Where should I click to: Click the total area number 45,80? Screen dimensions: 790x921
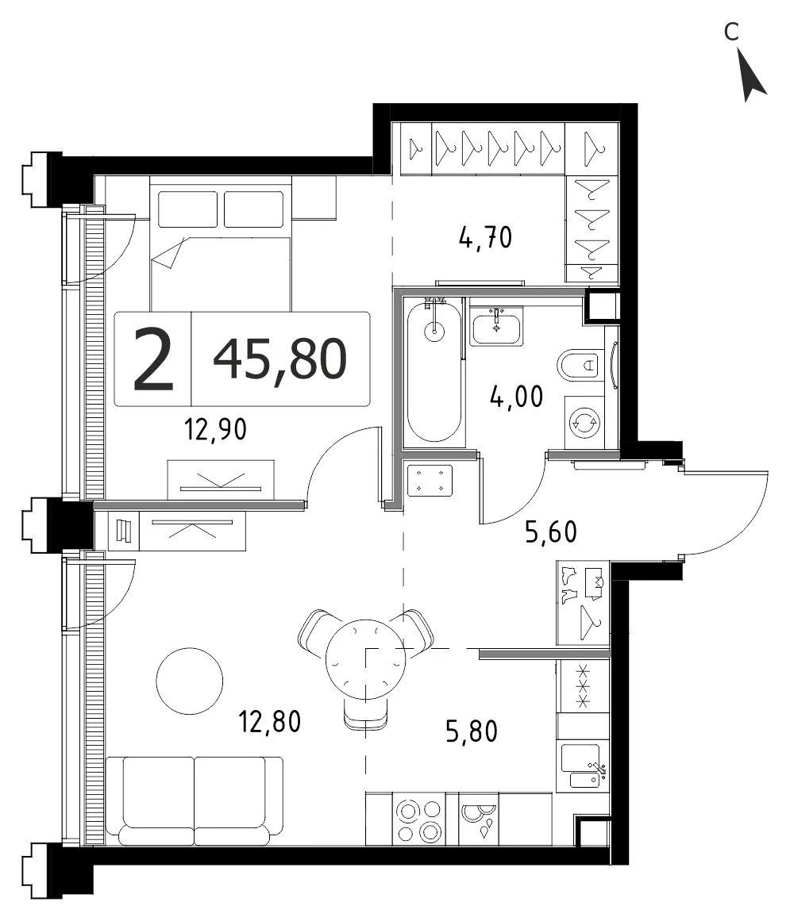279,359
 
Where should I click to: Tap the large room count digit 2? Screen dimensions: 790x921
153,359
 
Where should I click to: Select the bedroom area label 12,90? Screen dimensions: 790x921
215,430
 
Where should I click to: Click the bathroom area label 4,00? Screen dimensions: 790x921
516,397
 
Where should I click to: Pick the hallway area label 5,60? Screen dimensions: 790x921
551,532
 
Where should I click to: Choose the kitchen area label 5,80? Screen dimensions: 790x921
472,732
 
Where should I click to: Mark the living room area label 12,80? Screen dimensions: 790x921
270,722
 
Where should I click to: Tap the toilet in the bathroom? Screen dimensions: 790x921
580,366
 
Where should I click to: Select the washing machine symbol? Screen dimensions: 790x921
584,422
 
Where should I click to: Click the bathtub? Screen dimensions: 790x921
434,370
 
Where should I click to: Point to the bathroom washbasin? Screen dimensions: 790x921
495,328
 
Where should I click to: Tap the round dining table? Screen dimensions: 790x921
365,659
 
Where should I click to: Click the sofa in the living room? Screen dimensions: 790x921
194,801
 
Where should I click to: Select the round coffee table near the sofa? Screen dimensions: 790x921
189,681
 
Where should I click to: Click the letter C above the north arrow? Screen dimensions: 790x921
730,32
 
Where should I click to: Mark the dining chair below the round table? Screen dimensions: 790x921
365,715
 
